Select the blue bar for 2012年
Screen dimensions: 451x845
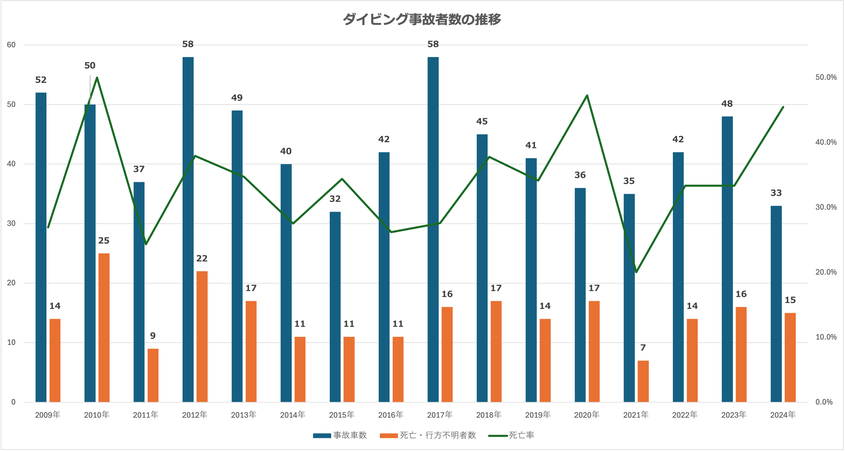(x=188, y=230)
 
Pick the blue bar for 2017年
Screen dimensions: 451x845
(x=433, y=230)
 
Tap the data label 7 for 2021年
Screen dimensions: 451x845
(x=643, y=348)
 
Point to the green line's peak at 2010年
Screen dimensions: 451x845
(x=97, y=77)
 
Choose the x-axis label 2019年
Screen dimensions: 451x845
(x=538, y=415)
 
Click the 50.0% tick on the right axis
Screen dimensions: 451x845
(x=826, y=77)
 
